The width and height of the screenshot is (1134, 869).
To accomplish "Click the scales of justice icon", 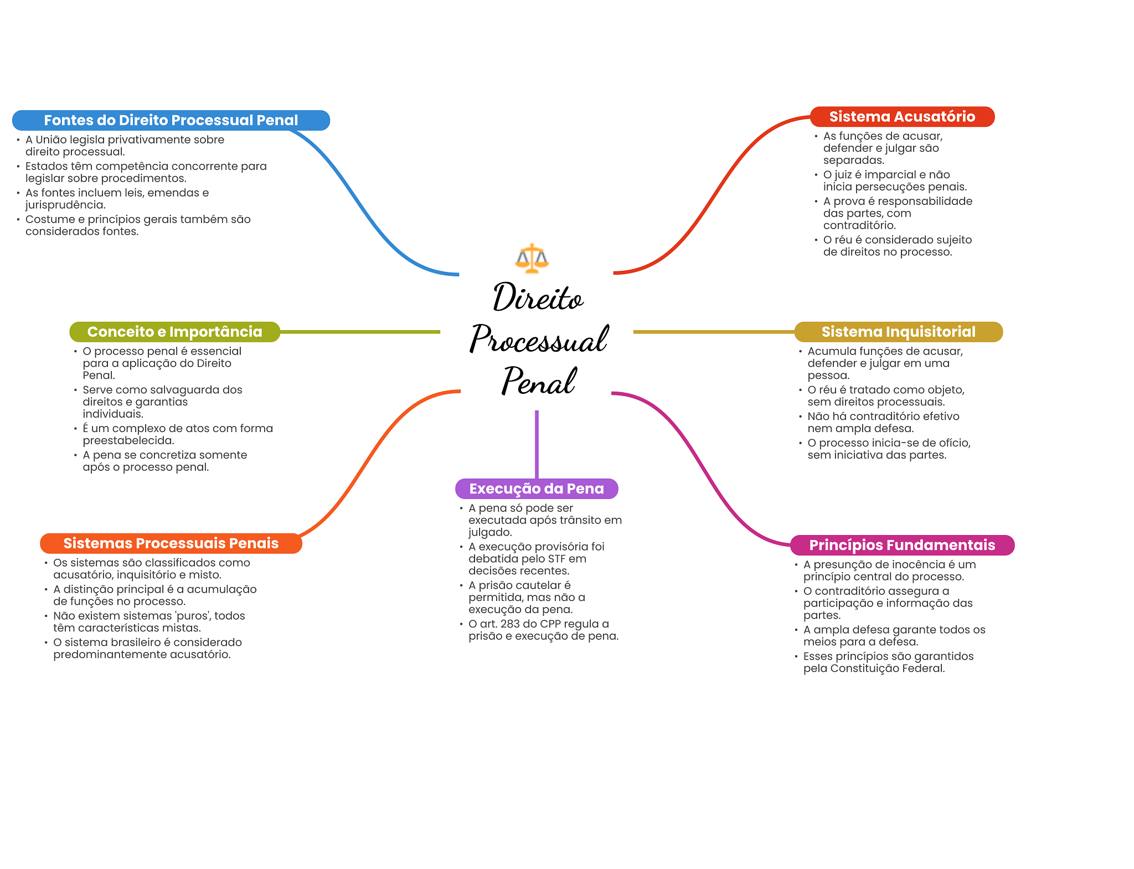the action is tap(532, 259).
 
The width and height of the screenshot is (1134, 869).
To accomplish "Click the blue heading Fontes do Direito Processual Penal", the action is tap(171, 120).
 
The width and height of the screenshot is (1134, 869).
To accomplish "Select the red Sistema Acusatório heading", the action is tap(902, 117).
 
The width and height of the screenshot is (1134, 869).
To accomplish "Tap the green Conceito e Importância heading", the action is tap(174, 332).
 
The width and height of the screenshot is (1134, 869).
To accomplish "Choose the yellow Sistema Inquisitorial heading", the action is tap(898, 332).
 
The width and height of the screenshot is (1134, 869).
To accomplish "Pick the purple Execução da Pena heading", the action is tap(536, 489).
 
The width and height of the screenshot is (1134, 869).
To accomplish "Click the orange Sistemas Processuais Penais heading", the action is tap(171, 543).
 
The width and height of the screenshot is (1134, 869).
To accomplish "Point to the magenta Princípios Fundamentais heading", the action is tap(902, 545).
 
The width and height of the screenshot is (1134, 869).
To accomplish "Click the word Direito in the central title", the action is tap(538, 298).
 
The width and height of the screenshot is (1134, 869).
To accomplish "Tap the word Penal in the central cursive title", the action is tap(539, 382).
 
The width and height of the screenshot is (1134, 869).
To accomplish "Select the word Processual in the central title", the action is tap(539, 340).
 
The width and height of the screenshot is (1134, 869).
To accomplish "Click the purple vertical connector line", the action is tap(537, 443).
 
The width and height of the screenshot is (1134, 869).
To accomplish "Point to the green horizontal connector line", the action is tap(360, 332).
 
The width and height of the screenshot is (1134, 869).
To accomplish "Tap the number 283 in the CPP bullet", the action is tap(509, 624).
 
